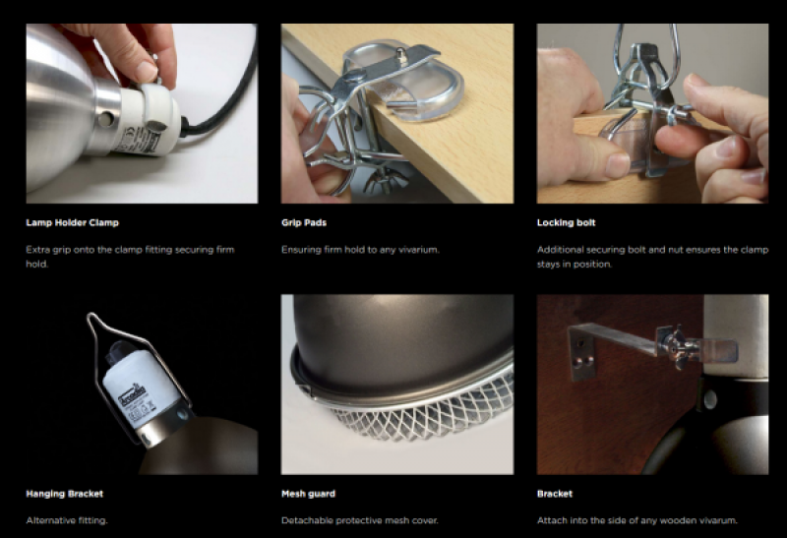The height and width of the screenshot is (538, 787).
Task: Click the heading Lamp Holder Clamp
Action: coord(72,223)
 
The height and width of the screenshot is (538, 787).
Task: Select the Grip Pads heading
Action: coord(304,223)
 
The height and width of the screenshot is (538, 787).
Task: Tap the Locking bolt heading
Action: coord(567,223)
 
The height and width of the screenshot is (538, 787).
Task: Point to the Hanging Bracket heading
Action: coord(64,494)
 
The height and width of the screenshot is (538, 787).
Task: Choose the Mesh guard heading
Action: coord(308,494)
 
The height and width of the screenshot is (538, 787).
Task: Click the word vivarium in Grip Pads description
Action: coord(419,250)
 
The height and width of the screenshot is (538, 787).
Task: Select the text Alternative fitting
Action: coord(67,520)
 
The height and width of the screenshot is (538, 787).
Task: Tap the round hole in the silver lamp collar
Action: coord(105,119)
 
